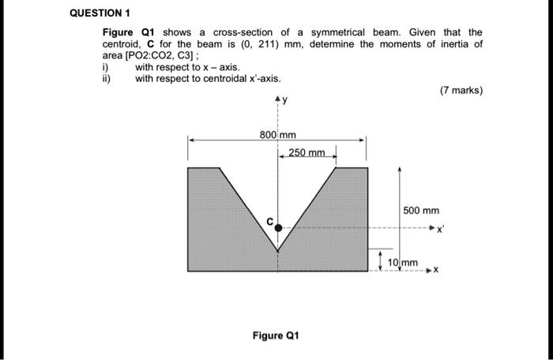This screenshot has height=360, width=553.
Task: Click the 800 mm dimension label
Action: click(x=277, y=135)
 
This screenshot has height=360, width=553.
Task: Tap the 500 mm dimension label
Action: click(x=420, y=211)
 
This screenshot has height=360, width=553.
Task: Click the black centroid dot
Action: click(x=278, y=227)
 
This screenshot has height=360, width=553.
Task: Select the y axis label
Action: click(x=285, y=100)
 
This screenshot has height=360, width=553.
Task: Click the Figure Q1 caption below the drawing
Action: click(x=276, y=336)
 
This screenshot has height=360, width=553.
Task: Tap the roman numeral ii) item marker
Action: click(x=107, y=79)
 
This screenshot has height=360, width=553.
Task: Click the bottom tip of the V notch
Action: click(x=278, y=251)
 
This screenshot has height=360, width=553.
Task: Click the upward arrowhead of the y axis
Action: click(x=277, y=100)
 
